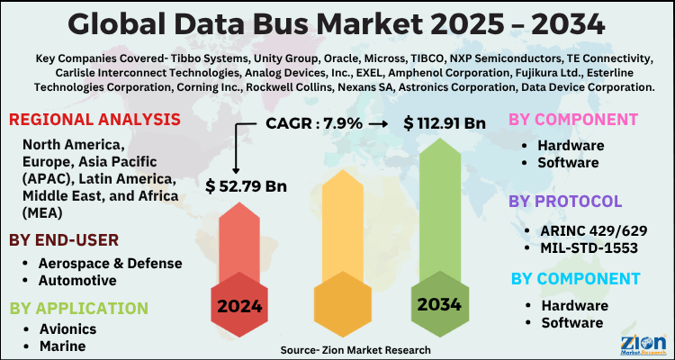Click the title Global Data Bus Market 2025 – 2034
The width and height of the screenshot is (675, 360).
[337, 22]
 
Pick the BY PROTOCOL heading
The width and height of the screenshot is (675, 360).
[565, 201]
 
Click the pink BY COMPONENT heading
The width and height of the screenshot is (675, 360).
[574, 120]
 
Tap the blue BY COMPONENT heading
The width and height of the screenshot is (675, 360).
[576, 279]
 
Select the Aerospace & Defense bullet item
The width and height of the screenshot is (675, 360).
[111, 263]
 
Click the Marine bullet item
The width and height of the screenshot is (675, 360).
[62, 346]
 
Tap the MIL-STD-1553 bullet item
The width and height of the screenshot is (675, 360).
[589, 247]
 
